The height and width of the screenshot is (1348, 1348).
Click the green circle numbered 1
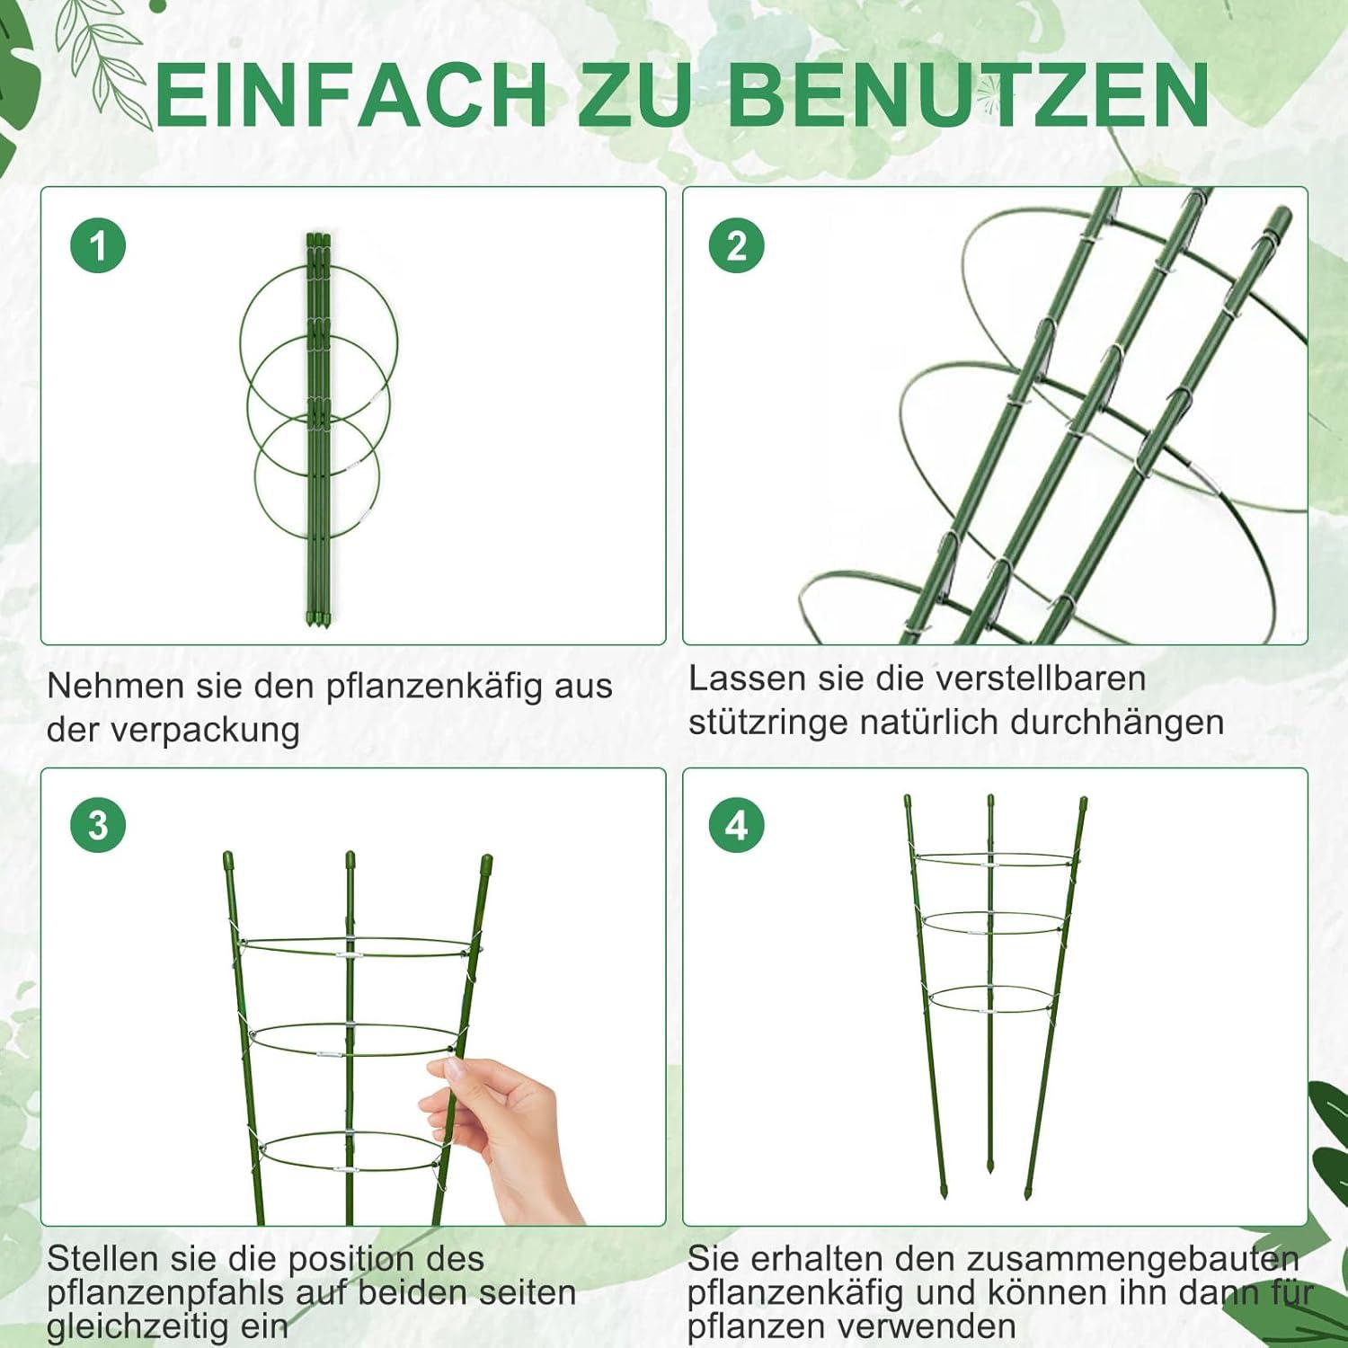(98, 246)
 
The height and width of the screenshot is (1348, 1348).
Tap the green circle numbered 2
(736, 246)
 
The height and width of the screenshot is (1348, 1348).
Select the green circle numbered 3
(98, 825)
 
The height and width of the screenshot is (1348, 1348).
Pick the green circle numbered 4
(736, 825)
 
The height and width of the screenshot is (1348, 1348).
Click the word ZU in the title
(638, 94)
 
